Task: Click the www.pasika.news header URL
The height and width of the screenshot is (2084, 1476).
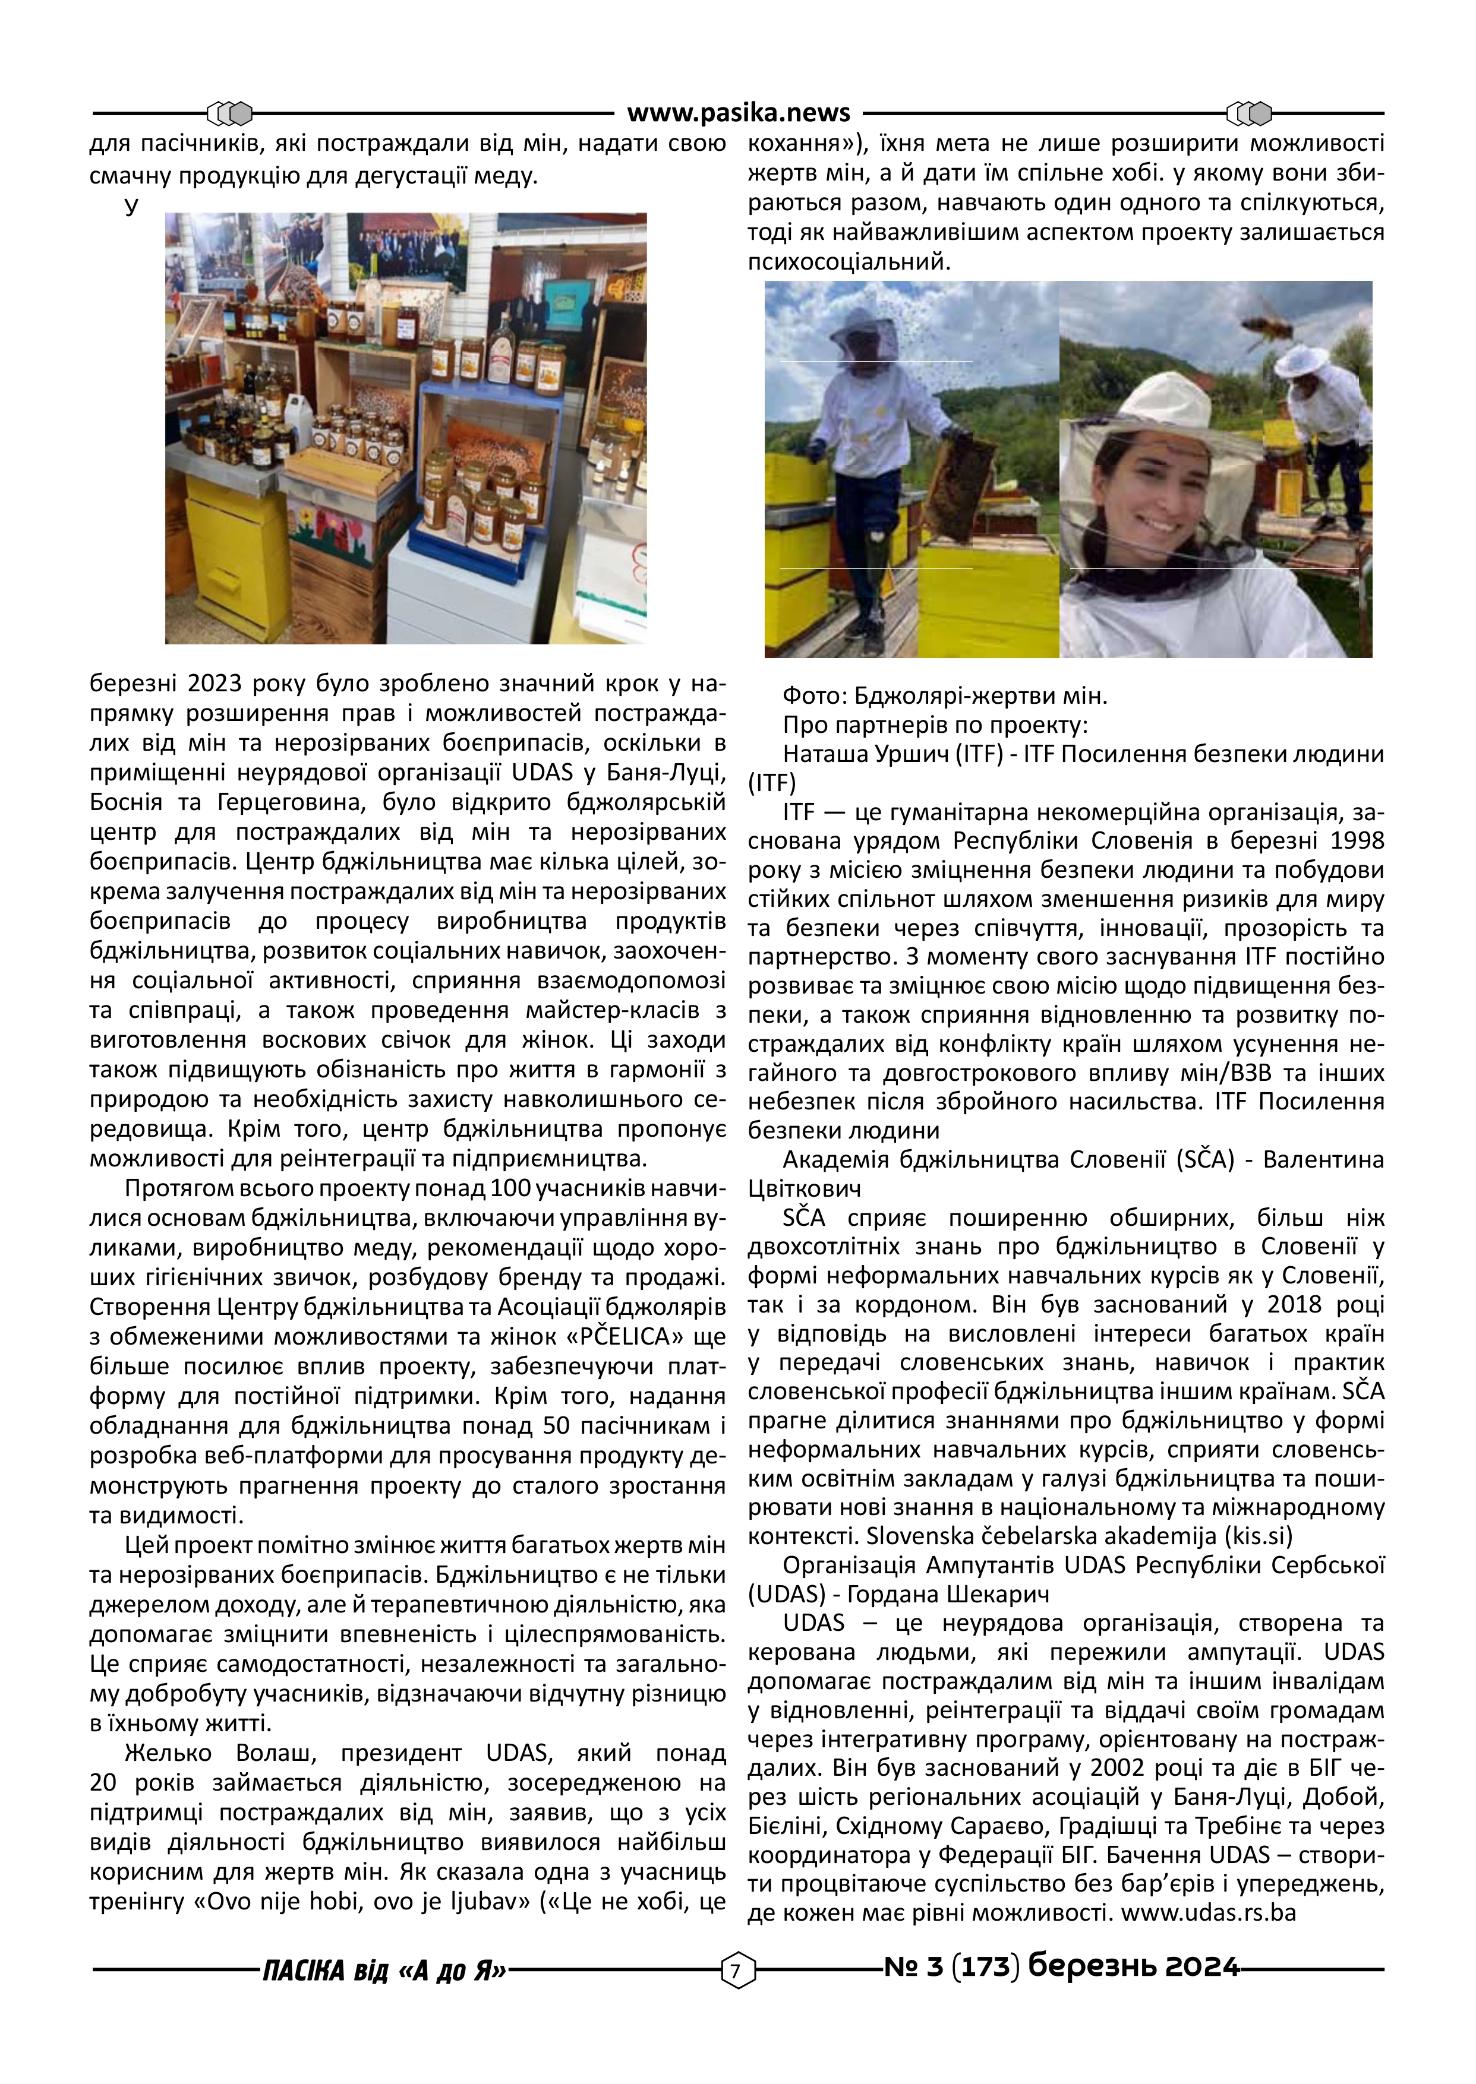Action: point(738,113)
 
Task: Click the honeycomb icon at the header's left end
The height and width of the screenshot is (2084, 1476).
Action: point(229,113)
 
